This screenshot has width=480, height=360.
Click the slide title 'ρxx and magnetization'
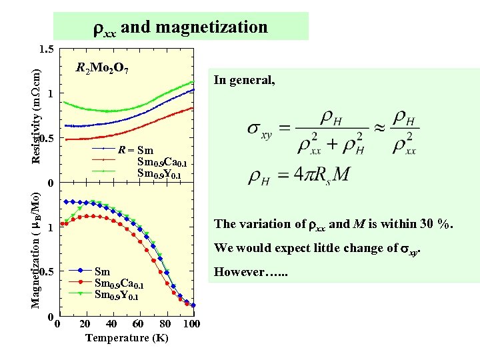point(180,27)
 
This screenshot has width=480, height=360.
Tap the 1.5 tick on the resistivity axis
point(47,49)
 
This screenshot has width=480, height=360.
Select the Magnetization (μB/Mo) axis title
point(38,251)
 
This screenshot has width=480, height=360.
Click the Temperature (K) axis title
point(127,338)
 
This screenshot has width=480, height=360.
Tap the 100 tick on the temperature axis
point(191,325)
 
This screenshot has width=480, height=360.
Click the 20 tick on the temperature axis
point(85,325)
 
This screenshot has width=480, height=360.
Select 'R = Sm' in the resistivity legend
point(135,151)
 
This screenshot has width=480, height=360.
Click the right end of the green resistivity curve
point(193,83)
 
